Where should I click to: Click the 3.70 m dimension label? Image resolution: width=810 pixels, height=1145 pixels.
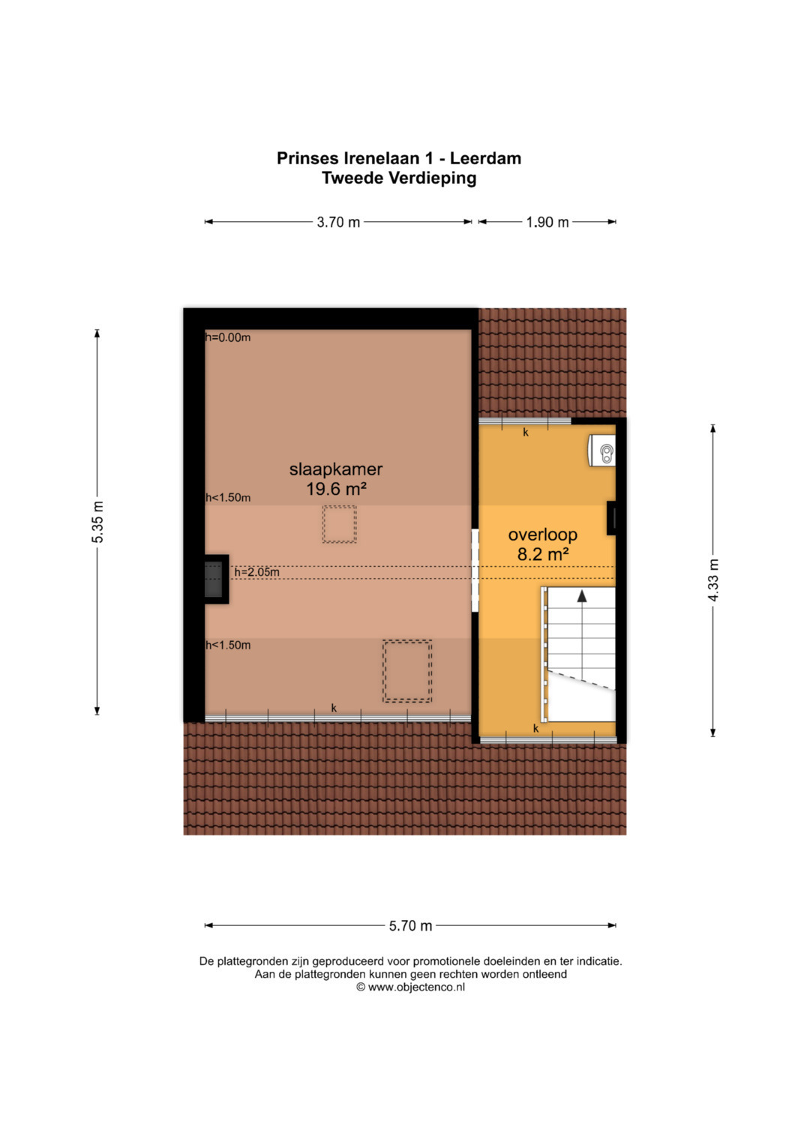(x=338, y=223)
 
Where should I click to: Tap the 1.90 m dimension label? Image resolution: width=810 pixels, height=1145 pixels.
(x=547, y=223)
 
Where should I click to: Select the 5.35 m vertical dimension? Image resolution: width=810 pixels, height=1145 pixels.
(x=97, y=522)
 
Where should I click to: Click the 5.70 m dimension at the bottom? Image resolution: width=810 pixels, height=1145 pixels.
(x=410, y=925)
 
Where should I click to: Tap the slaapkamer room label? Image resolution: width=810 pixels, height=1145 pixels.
(x=336, y=469)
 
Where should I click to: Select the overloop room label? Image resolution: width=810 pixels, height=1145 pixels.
(x=542, y=535)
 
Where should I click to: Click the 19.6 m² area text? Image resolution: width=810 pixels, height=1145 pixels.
(x=336, y=489)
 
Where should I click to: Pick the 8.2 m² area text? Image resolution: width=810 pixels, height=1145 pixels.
(x=543, y=554)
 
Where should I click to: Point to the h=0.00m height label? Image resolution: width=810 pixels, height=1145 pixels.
(x=228, y=337)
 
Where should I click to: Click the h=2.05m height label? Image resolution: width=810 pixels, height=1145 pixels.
(x=256, y=572)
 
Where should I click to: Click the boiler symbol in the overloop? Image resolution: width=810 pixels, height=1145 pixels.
(x=601, y=451)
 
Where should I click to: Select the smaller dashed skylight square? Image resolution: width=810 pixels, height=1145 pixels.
(x=339, y=524)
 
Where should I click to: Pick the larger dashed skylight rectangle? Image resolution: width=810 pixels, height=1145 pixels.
(x=407, y=671)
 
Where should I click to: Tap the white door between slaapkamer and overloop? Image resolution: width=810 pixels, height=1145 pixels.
(x=475, y=571)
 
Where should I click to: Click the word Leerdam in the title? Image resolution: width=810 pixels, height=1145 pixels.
(x=486, y=158)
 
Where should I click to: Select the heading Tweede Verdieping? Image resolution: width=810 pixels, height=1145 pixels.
(x=399, y=178)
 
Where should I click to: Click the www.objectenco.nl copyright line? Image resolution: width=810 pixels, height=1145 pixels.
(x=411, y=987)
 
